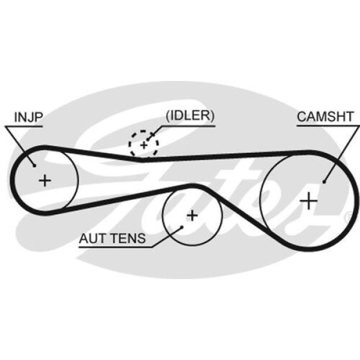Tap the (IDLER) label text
click(x=190, y=116)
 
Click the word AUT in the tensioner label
click(x=91, y=238)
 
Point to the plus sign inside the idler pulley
click(x=143, y=145)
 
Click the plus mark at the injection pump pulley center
click(x=45, y=180)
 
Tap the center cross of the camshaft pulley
click(x=309, y=200)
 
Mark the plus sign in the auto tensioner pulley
click(x=192, y=215)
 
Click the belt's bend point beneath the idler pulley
click(x=142, y=160)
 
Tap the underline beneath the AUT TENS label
click(x=114, y=247)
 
